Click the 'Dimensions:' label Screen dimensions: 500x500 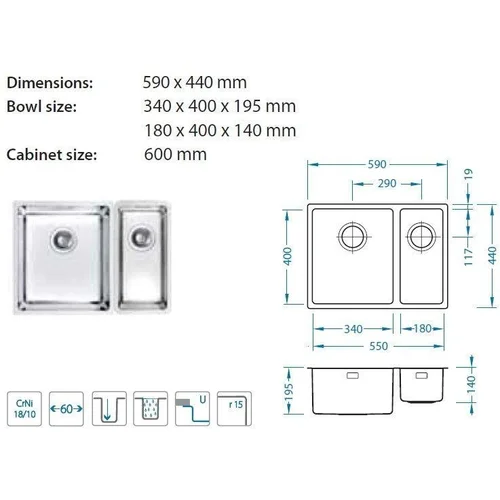pyautogui.click(x=50, y=83)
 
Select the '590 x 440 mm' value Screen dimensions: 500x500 pyautogui.click(x=195, y=82)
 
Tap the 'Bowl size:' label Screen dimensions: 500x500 pyautogui.click(x=42, y=107)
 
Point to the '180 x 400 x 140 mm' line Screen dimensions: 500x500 pyautogui.click(x=220, y=130)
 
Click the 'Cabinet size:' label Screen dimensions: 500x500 pyautogui.click(x=52, y=155)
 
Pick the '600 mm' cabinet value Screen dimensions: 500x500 pyautogui.click(x=175, y=154)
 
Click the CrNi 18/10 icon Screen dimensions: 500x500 pyautogui.click(x=24, y=409)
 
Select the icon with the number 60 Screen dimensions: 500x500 pyautogui.click(x=66, y=409)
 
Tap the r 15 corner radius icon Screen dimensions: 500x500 pyautogui.click(x=234, y=409)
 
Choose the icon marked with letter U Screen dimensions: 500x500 pyautogui.click(x=192, y=409)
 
